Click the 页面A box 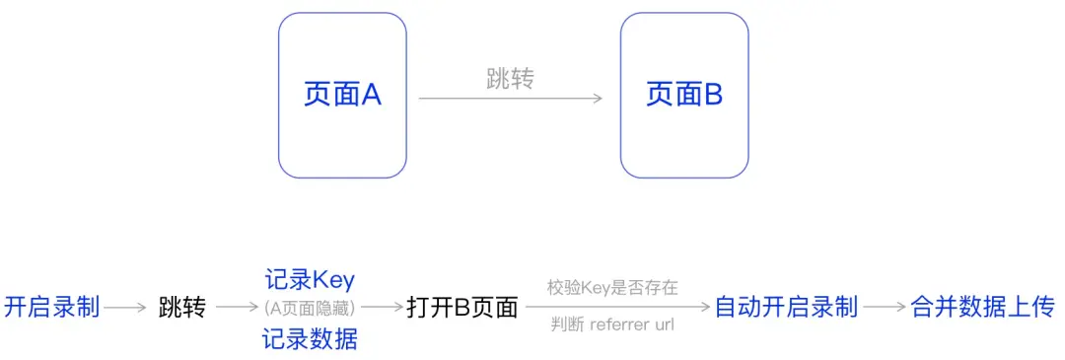click(342, 95)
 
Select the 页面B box click(683, 95)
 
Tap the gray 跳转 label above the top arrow click(510, 80)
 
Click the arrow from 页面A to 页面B click(510, 99)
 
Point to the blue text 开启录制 click(52, 308)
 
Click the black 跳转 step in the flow click(182, 308)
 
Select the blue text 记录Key click(310, 279)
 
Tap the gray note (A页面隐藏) click(310, 307)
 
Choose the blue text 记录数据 click(310, 340)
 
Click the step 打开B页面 click(461, 308)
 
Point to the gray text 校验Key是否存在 click(612, 288)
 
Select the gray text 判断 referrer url click(612, 325)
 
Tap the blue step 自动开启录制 click(786, 308)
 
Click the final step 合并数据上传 click(982, 308)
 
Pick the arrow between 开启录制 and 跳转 click(125, 308)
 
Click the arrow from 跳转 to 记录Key click(238, 308)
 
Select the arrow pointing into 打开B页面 click(382, 308)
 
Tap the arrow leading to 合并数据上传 click(885, 308)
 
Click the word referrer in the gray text click(618, 325)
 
